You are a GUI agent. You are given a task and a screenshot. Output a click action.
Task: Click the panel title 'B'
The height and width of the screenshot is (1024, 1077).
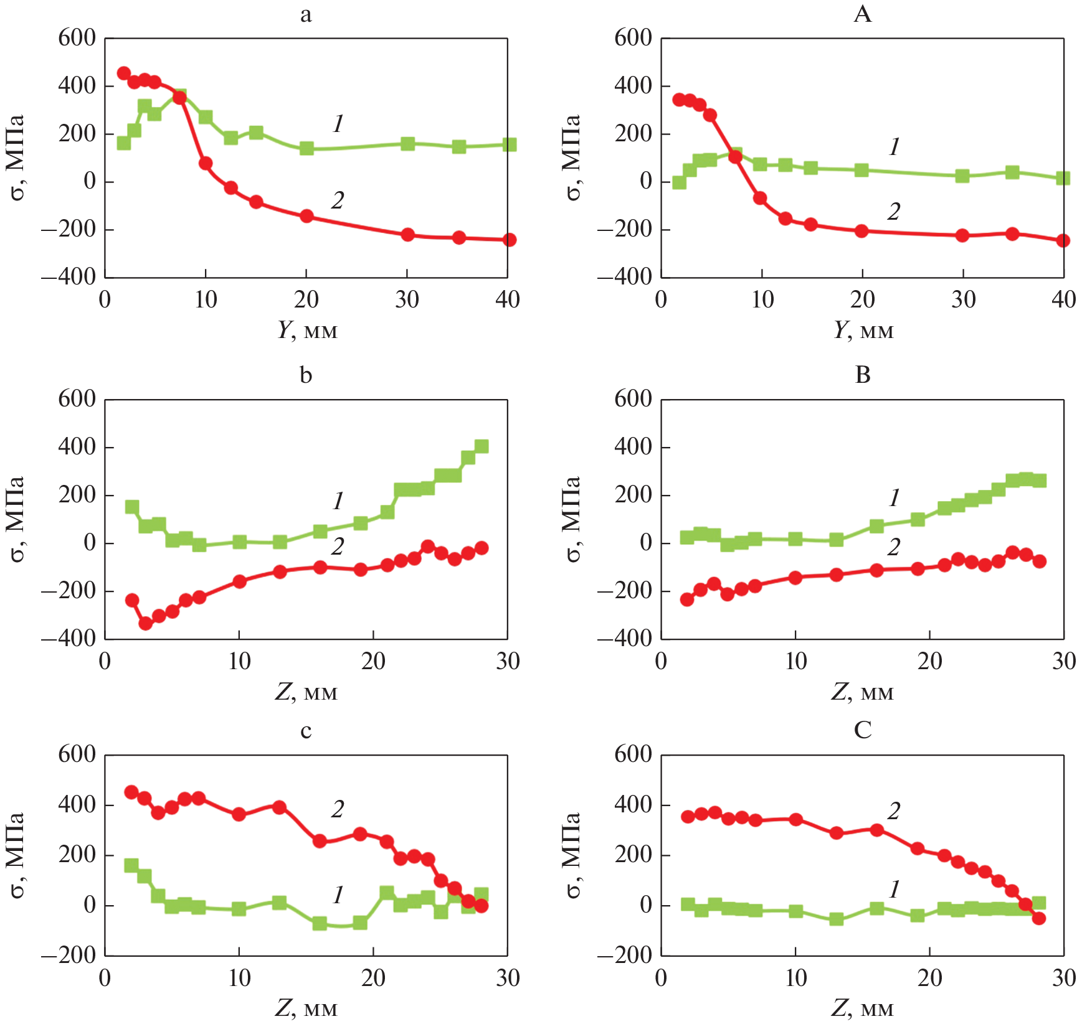coord(862,375)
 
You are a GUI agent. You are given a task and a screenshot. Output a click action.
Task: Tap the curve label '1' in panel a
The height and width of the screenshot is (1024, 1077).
coord(338,124)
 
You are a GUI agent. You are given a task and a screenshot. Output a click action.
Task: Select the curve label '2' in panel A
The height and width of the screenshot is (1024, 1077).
coord(894,212)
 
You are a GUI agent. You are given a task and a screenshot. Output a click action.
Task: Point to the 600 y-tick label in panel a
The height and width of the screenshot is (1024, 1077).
coord(77,38)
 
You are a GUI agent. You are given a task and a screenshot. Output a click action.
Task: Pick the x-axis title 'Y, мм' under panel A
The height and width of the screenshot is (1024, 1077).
coord(863,330)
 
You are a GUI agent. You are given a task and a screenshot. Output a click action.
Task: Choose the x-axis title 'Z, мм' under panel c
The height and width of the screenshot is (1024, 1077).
coord(306,1007)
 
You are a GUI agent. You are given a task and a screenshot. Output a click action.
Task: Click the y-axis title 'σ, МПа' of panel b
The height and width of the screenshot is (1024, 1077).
coord(16,519)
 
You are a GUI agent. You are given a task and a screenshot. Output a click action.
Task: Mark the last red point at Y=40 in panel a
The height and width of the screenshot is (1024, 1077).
coord(509,240)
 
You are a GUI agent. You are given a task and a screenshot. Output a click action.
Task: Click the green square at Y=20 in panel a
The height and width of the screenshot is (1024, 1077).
coord(306,148)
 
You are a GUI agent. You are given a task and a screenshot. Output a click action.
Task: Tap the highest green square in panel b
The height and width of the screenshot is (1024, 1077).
coord(482,446)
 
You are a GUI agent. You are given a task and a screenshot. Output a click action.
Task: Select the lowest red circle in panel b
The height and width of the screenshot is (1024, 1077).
coord(145,623)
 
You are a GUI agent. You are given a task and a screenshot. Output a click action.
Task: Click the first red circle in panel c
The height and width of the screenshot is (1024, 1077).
coord(131,792)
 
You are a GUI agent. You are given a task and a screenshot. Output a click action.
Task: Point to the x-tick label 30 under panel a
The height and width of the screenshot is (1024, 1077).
coord(407,300)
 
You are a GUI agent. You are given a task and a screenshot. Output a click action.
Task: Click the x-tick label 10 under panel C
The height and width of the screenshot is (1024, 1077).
coord(795,978)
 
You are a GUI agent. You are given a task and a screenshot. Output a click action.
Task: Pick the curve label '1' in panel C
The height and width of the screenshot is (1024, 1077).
coord(894,890)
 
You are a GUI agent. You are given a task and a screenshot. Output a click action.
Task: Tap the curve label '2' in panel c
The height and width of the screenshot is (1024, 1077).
coord(338,809)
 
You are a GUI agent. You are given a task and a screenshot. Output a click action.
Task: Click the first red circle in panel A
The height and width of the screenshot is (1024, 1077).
coord(679,100)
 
